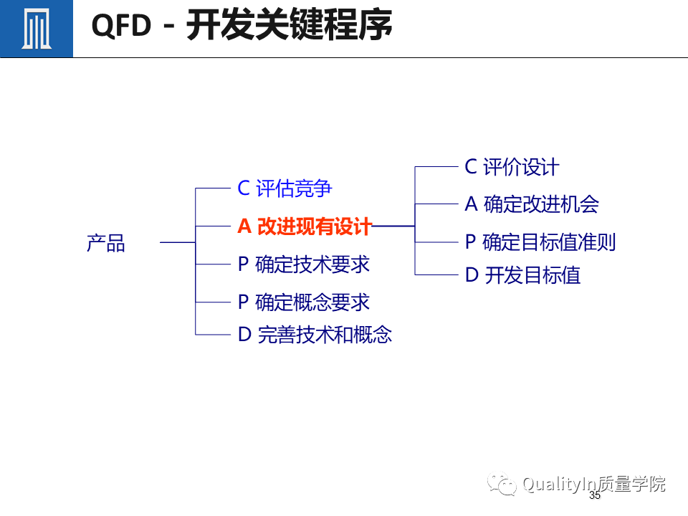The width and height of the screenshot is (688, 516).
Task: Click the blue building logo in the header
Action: point(36,29)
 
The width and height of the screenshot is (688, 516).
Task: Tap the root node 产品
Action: point(105,243)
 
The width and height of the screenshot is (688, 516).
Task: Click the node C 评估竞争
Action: point(285,188)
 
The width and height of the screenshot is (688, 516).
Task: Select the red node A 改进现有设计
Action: point(305,226)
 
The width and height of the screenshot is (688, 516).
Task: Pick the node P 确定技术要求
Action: point(303,264)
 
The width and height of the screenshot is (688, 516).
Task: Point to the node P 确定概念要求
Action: point(303,302)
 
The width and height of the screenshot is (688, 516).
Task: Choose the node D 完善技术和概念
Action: point(315,335)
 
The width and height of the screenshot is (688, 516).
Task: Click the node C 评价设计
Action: point(512,167)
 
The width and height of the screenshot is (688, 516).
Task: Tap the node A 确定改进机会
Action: point(531,204)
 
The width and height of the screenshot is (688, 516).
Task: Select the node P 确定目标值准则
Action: point(540,242)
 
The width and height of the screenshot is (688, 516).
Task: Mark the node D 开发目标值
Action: point(522,275)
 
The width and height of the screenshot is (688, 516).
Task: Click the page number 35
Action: point(594,496)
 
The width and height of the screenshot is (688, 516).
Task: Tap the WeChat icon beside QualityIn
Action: point(502,485)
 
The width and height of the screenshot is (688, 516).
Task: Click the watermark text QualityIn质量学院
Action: point(593,484)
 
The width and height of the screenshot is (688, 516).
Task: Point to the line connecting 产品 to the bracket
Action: point(177,243)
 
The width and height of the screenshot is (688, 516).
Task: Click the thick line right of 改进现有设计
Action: point(393,226)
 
